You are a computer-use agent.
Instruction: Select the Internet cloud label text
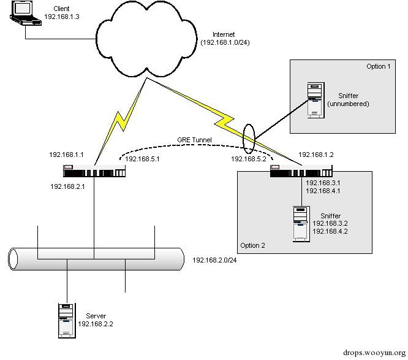pos(224,34)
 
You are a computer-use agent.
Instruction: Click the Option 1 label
pos(378,66)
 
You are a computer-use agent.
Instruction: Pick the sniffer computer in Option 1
pos(315,100)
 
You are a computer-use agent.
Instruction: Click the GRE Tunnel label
pos(194,140)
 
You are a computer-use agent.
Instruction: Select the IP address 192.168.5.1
pos(143,159)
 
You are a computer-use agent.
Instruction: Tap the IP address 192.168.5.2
pos(247,159)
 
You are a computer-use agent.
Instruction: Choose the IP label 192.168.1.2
pos(316,155)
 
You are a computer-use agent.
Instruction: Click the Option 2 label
pos(254,245)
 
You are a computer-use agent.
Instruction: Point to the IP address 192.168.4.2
pos(330,231)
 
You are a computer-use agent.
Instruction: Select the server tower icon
pos(67,320)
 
